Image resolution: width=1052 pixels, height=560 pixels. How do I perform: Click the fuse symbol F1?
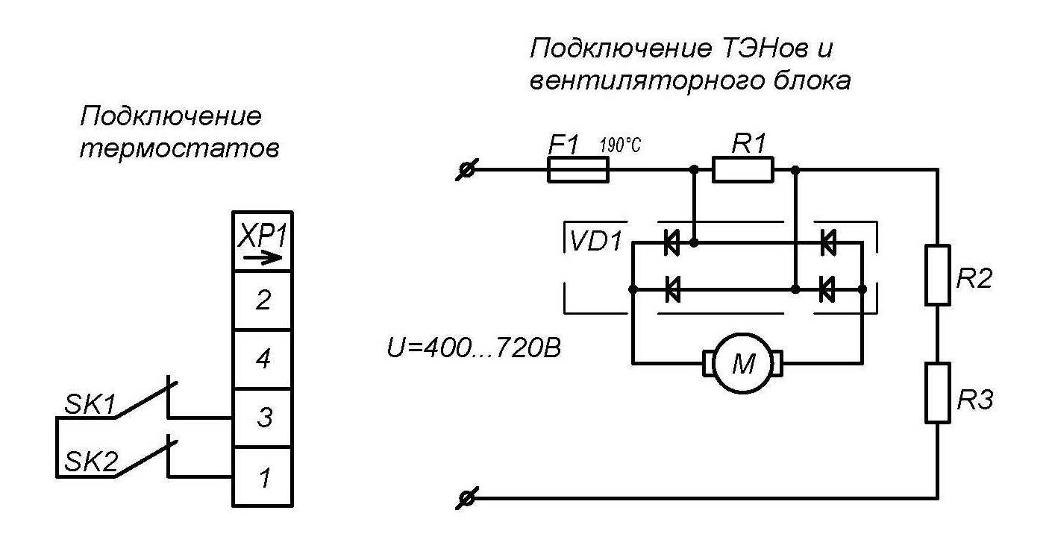point(578,169)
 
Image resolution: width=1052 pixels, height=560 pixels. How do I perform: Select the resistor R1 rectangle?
point(742,169)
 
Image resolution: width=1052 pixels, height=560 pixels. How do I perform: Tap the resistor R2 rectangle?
point(937,275)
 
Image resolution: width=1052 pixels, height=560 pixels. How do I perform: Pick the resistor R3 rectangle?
point(937,393)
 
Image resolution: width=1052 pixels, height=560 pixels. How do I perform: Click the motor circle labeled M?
point(743,363)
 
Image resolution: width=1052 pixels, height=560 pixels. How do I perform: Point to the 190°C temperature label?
point(620,145)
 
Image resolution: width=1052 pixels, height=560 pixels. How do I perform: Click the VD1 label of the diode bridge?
point(595,242)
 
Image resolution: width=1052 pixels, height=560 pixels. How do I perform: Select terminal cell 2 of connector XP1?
point(263,300)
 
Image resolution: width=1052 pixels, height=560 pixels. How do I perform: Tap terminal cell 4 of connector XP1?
point(263,359)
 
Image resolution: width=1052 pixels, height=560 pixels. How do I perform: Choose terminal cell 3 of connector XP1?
point(263,418)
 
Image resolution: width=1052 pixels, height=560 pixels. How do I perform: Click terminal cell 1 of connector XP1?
point(263,477)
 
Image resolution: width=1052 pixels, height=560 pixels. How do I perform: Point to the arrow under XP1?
point(263,257)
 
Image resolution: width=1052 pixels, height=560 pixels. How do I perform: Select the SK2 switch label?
point(90,461)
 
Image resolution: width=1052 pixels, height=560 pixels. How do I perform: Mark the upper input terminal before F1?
point(466,169)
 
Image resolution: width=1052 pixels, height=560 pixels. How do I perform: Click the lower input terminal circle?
point(466,498)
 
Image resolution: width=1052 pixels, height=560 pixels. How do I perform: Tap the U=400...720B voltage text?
point(473,348)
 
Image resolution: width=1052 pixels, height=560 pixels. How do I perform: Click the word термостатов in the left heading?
point(179,149)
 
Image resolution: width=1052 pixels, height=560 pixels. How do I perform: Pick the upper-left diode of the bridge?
point(672,242)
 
